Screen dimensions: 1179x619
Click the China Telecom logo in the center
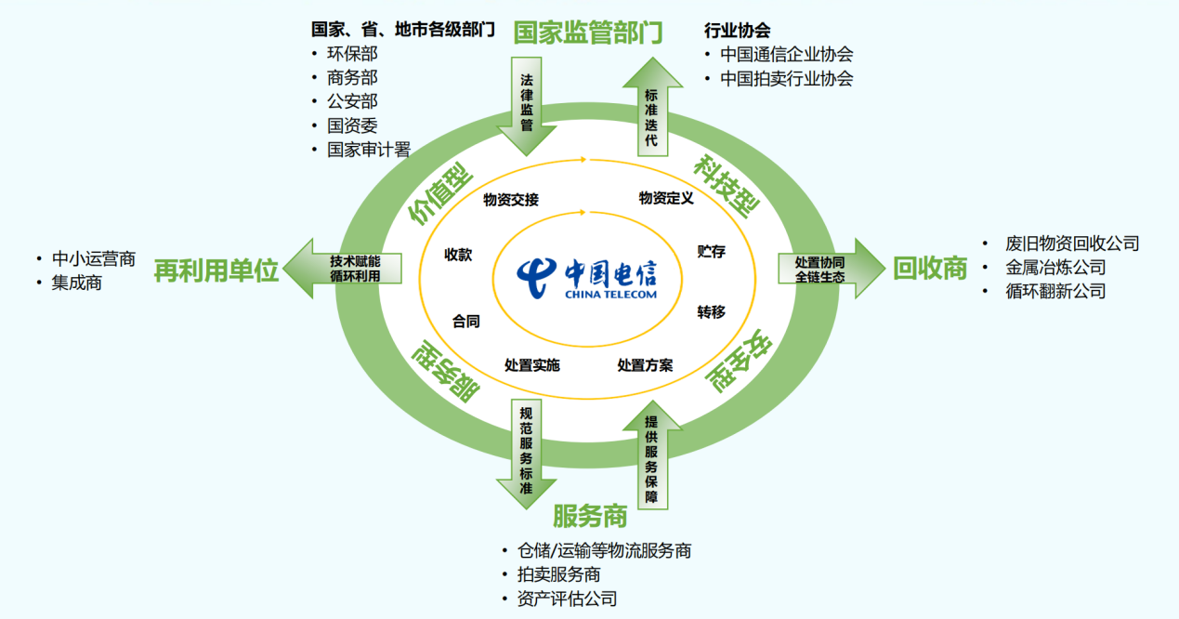(587, 279)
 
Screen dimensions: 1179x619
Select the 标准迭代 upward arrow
(652, 107)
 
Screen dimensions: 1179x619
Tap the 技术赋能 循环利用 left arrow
(343, 269)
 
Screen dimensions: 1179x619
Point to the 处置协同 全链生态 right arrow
(832, 269)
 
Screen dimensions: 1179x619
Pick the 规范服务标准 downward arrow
(527, 454)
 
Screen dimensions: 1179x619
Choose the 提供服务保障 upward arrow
(652, 454)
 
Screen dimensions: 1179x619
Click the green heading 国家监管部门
(588, 33)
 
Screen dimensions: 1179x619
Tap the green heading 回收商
(930, 269)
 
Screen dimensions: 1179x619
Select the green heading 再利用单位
(216, 271)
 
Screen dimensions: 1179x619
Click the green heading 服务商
(590, 516)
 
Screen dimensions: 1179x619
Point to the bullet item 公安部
(352, 101)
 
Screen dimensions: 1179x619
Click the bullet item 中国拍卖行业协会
(786, 78)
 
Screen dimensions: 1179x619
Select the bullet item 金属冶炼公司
(1055, 268)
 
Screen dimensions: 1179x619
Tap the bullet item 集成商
(77, 283)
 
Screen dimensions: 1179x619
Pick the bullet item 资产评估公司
(567, 599)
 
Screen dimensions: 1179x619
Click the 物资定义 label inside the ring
(666, 199)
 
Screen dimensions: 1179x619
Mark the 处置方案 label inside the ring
(646, 365)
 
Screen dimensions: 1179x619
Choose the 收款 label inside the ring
(458, 255)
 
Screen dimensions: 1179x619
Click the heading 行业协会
(738, 30)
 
